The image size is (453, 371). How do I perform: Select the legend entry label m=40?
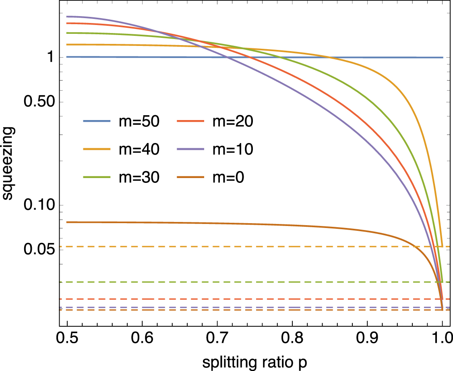(x=138, y=149)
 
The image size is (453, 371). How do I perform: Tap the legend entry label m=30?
(x=138, y=177)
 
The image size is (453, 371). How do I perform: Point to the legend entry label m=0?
(x=228, y=177)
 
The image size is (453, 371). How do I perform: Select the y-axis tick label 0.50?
(x=39, y=102)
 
